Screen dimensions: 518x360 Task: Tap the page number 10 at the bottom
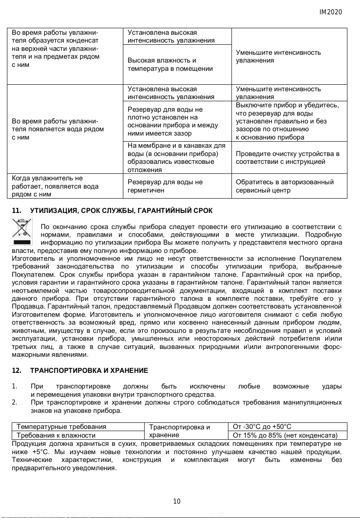point(177,501)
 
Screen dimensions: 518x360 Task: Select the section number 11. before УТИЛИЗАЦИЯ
point(17,211)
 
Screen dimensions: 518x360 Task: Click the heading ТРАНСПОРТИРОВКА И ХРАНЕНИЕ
point(89,371)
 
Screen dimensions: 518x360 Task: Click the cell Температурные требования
point(61,427)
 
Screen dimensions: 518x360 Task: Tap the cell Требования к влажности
point(56,435)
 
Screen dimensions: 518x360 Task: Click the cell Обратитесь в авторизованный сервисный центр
point(284,186)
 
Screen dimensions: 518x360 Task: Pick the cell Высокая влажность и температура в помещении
point(170,64)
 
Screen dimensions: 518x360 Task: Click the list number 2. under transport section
point(15,402)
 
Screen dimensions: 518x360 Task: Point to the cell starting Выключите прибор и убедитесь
point(287,121)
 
